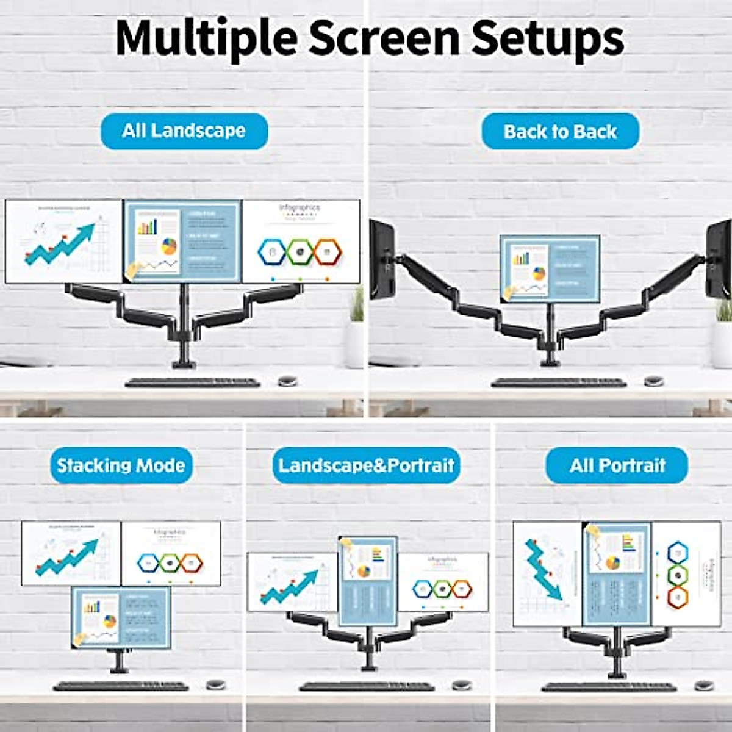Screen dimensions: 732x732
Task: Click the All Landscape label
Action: [x=184, y=131]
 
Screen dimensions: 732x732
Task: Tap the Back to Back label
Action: [x=560, y=132]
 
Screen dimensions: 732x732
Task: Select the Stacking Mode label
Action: [x=121, y=465]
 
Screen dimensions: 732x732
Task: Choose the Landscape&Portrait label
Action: [x=366, y=465]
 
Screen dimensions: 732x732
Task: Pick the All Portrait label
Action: [x=617, y=465]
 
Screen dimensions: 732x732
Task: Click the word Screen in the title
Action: [x=384, y=38]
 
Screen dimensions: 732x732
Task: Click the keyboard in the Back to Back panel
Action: [x=559, y=382]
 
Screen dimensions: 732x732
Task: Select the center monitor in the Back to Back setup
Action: [x=550, y=268]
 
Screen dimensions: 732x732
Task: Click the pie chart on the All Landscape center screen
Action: [x=169, y=246]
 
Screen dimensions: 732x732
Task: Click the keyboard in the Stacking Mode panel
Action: [x=121, y=686]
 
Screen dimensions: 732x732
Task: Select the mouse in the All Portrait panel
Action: [x=704, y=686]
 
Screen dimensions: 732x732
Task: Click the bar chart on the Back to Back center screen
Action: [x=522, y=258]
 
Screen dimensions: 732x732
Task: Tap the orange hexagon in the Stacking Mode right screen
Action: [x=192, y=562]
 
